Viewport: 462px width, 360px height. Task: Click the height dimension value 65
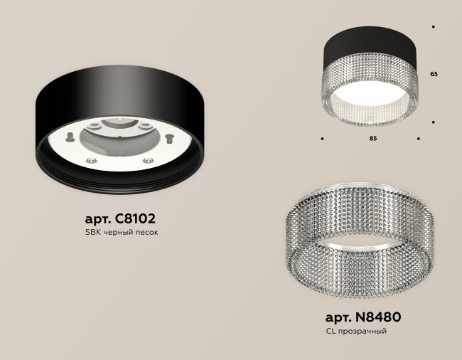434,73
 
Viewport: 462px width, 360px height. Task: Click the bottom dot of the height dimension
434,122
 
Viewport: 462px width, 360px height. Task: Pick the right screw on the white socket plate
150,161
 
